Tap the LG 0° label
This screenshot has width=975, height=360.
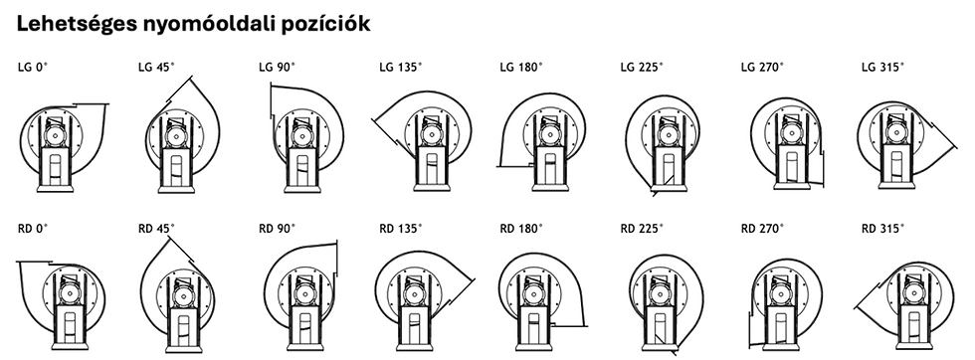coord(33,68)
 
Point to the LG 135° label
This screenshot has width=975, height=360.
coord(401,68)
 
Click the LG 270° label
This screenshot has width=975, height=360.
coord(763,68)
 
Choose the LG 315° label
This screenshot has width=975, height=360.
coord(883,68)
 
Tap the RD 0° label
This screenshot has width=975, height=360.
coord(33,229)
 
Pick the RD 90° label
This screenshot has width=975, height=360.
coord(278,229)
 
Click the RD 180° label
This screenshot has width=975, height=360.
coord(521,229)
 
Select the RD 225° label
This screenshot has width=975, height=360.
coord(643,229)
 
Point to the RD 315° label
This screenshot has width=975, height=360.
coord(883,229)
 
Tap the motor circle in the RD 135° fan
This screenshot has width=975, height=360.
coord(413,293)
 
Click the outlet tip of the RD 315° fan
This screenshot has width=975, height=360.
coord(855,307)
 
